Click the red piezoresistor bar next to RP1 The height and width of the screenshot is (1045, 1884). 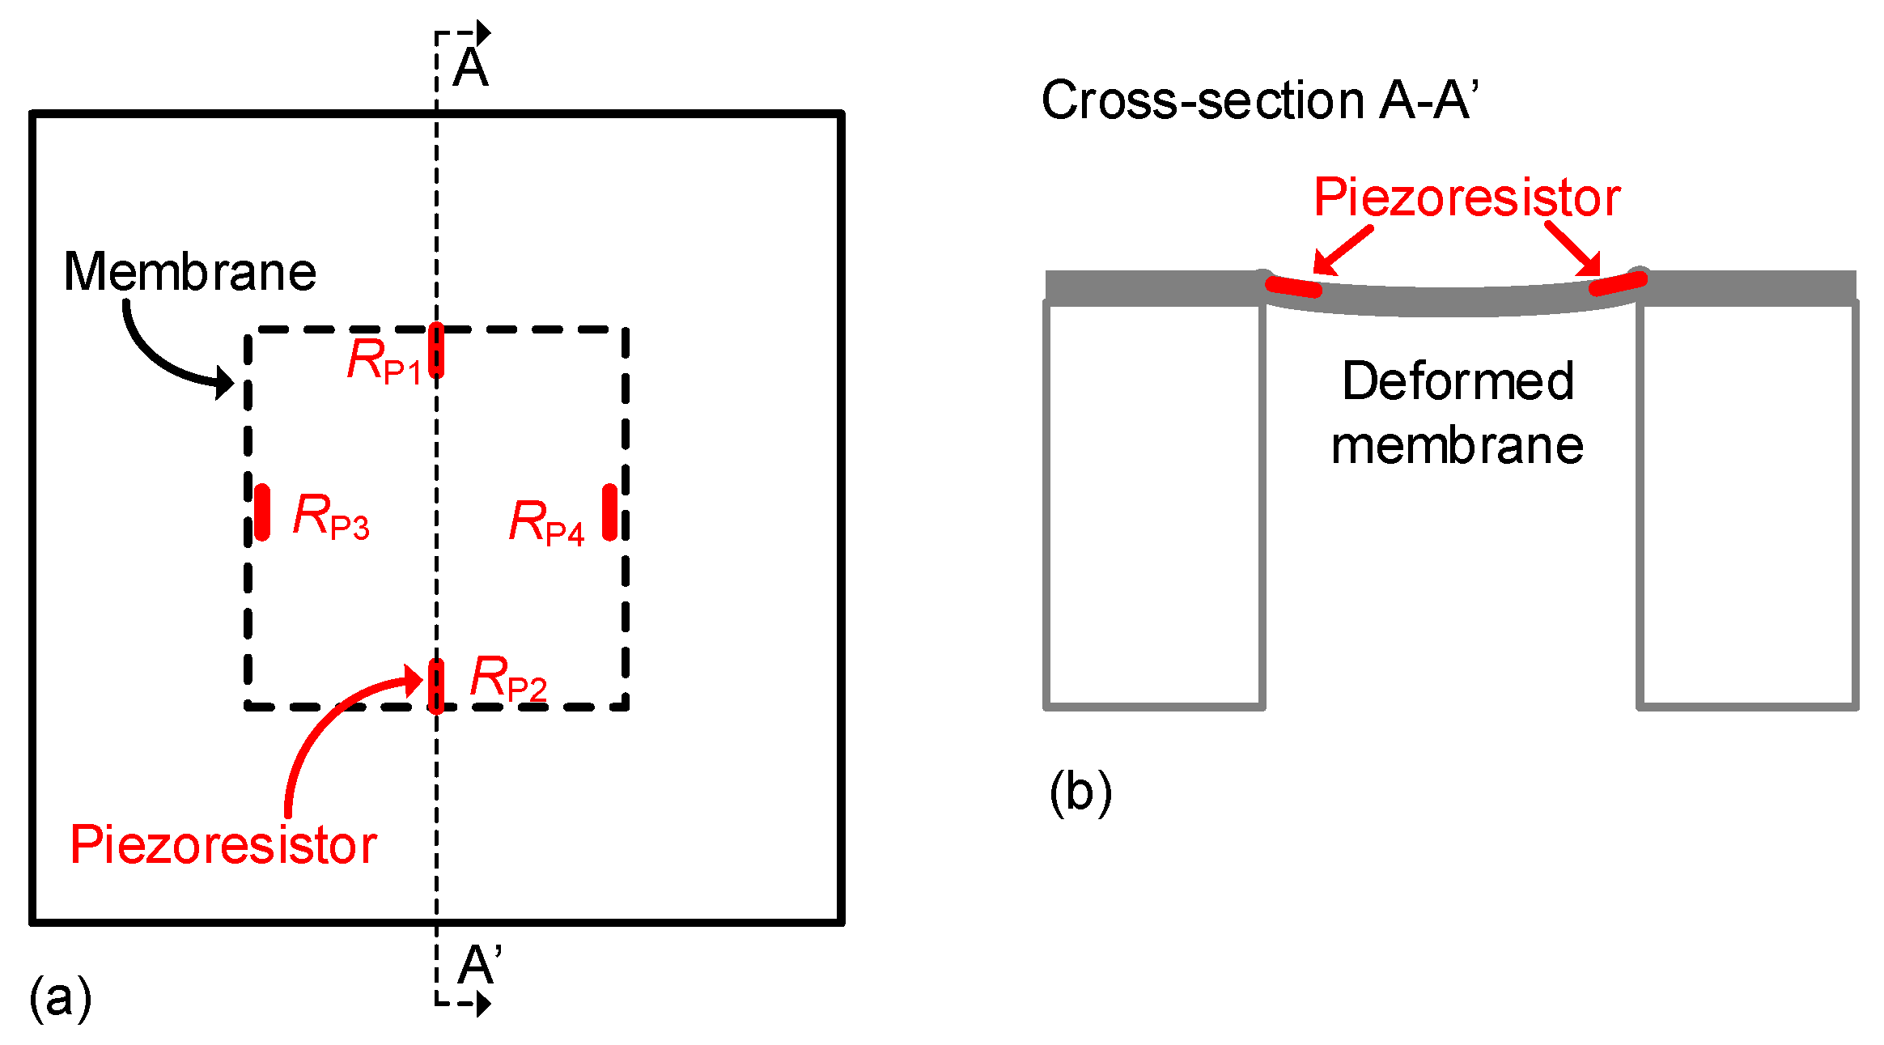pos(436,350)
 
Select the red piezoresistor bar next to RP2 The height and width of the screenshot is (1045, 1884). pos(436,685)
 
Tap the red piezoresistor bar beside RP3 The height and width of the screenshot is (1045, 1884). pos(262,512)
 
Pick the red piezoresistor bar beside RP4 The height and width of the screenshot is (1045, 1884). pos(610,512)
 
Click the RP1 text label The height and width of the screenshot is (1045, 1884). pos(384,361)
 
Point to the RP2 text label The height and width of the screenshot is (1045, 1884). pos(508,678)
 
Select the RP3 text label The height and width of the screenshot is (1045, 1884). pos(331,516)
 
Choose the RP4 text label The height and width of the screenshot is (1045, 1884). pos(546,522)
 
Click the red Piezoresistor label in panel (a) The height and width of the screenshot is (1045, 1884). pos(223,845)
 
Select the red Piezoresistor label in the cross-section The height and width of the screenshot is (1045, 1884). pos(1466,198)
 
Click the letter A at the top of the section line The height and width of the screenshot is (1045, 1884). pos(470,68)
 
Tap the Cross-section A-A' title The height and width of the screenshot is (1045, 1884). pos(1259,100)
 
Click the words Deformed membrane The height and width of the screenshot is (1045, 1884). pos(1457,413)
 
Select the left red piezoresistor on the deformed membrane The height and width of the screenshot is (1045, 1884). pos(1293,287)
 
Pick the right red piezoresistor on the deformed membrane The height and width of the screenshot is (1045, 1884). pos(1617,284)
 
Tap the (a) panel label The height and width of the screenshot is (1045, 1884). pos(61,997)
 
